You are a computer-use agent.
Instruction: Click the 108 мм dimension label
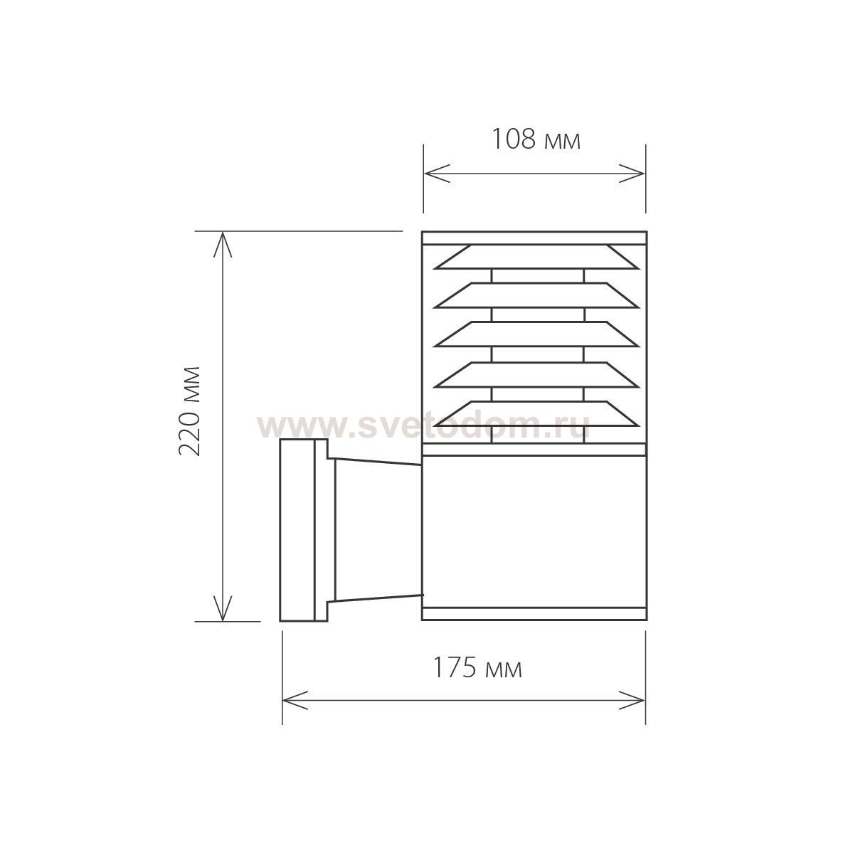[536, 139]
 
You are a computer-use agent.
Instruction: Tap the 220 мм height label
[191, 411]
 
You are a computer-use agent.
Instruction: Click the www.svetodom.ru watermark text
[423, 426]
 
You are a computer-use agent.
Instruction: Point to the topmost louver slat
[536, 257]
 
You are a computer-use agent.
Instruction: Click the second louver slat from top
[536, 295]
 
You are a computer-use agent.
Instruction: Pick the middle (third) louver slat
[536, 334]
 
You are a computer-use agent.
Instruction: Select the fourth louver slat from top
[536, 376]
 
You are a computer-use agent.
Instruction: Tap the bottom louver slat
[536, 414]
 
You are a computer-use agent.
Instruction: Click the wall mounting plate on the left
[304, 530]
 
